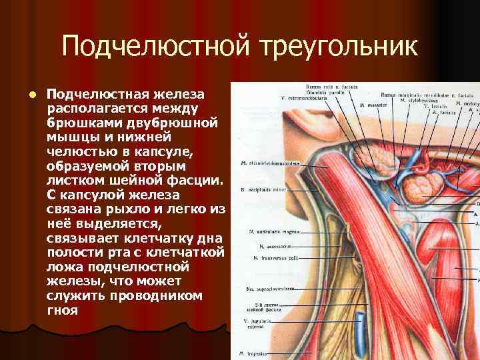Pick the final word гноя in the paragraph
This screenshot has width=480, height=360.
click(62, 311)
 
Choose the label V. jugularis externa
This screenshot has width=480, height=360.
click(254, 323)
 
